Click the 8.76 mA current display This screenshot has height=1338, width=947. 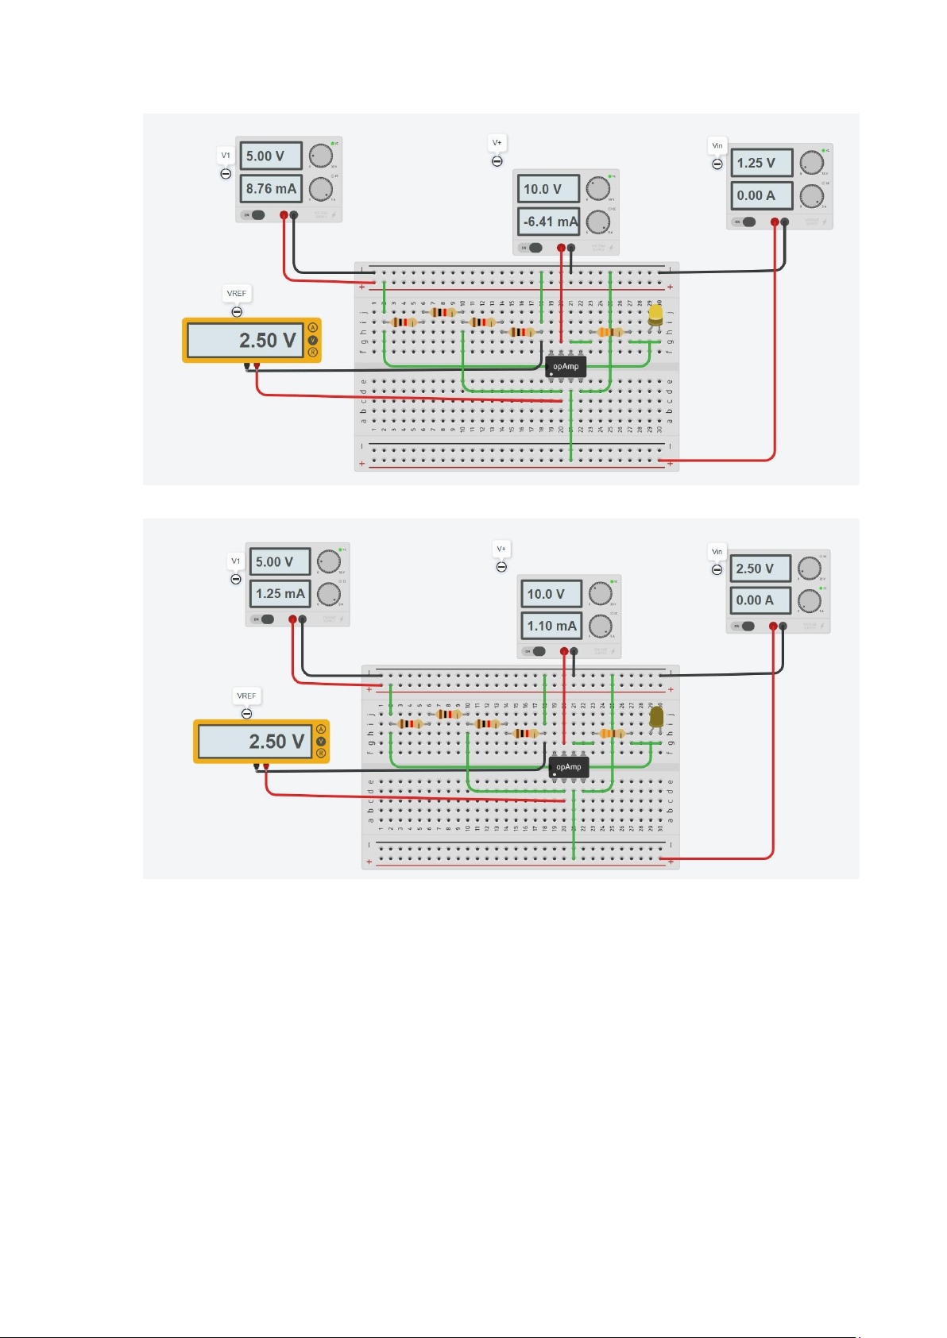(271, 189)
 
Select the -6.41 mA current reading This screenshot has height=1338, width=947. (550, 222)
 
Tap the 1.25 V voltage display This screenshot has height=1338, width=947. (761, 164)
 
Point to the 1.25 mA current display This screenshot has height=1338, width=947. (280, 594)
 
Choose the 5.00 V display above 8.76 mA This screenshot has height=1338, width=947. (271, 156)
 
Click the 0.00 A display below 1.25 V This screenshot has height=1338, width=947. (761, 195)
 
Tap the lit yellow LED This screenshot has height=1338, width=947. (655, 316)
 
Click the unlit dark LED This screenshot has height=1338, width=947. (657, 717)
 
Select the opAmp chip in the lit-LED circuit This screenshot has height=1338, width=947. (566, 367)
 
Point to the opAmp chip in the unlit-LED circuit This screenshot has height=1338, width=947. (569, 767)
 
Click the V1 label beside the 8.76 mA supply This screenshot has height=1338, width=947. (226, 156)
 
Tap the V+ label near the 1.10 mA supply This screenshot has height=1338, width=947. (501, 549)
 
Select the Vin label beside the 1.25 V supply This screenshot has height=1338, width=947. (717, 146)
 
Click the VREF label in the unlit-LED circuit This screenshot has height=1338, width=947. (246, 696)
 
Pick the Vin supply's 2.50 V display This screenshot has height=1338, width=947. (760, 569)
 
